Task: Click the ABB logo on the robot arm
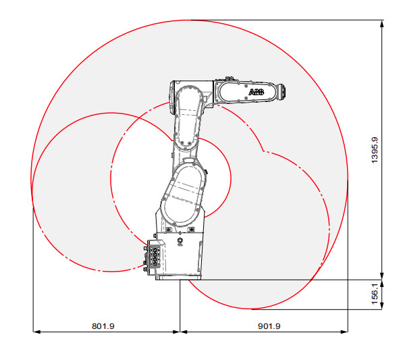coord(257,92)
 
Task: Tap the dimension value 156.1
coord(376,294)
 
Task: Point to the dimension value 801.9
coord(103,326)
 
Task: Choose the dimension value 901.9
coord(269,326)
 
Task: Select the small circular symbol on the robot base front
coord(180,240)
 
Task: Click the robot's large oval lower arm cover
coord(183,192)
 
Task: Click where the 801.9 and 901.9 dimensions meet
coord(180,332)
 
